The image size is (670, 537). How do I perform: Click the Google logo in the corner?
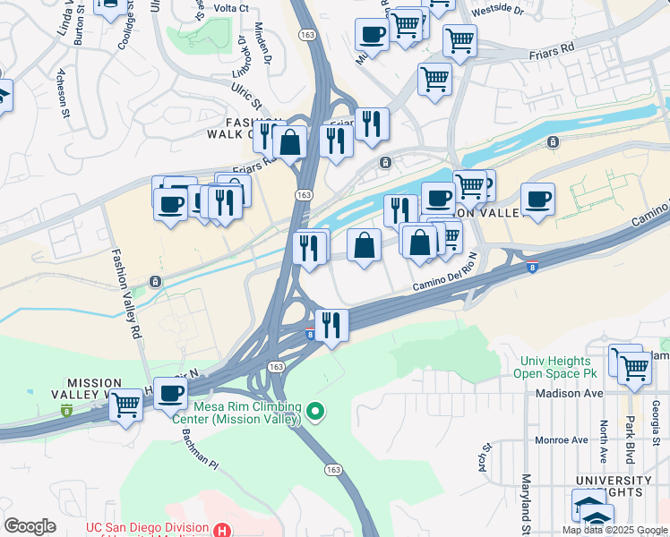point(30,526)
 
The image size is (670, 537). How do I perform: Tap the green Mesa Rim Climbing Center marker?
point(314,413)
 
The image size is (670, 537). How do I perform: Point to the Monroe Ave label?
point(561,440)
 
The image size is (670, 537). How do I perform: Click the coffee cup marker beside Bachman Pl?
point(170,393)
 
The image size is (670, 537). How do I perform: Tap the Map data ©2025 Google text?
point(615,530)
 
